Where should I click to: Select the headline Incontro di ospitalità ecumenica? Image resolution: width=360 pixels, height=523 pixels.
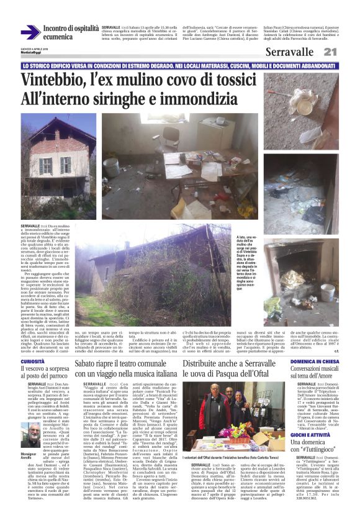[71, 33]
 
